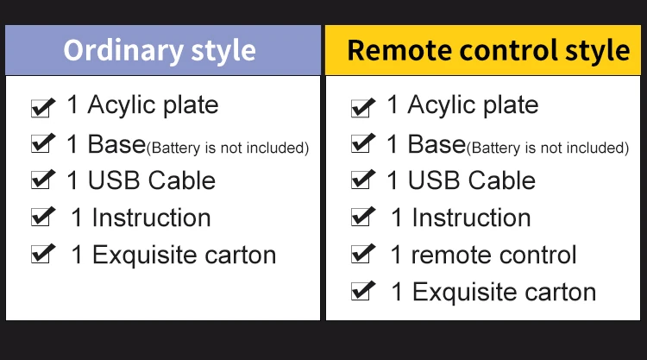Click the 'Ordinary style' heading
click(x=160, y=51)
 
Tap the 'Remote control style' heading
click(x=488, y=51)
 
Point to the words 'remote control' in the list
click(x=494, y=255)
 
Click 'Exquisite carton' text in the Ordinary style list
click(x=184, y=255)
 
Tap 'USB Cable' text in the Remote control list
click(x=472, y=180)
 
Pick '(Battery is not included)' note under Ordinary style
click(x=228, y=148)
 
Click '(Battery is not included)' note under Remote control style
click(x=548, y=148)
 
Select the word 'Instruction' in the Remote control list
click(x=472, y=218)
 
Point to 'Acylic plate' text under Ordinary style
click(x=153, y=105)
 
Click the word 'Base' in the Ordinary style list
click(x=116, y=144)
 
